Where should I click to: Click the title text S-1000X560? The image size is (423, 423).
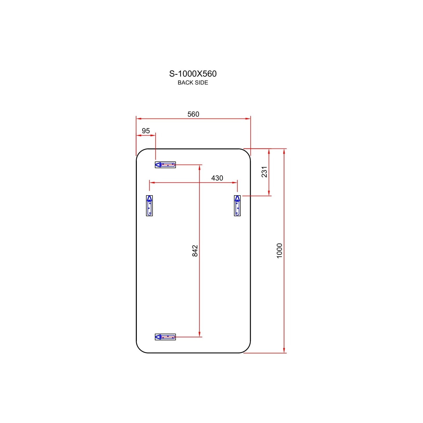click(193, 74)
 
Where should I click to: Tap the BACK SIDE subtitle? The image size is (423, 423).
click(193, 83)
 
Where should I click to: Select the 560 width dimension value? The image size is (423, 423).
click(193, 114)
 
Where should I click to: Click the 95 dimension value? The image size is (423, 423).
click(146, 131)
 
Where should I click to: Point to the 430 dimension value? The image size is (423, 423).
click(217, 178)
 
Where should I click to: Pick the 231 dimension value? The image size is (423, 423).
click(264, 172)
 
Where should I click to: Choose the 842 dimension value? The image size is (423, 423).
click(195, 251)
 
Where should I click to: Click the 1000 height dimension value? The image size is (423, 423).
click(279, 251)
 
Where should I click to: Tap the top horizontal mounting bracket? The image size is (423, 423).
click(165, 165)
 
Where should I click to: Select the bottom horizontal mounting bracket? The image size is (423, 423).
click(165, 337)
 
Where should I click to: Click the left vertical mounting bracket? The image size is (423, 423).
click(149, 206)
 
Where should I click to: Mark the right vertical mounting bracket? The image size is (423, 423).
click(237, 206)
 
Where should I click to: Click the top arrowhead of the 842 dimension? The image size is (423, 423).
click(199, 167)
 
